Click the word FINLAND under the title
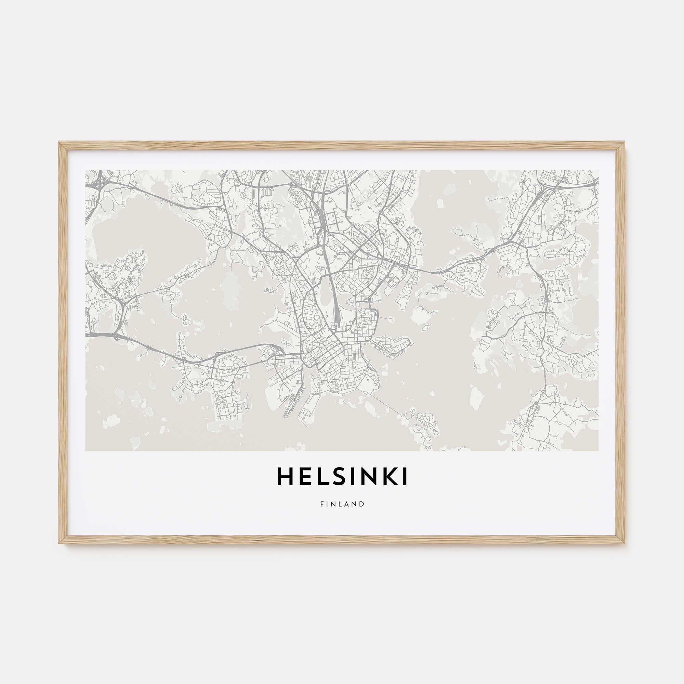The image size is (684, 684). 342,504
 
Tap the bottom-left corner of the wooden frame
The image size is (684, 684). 60,542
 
